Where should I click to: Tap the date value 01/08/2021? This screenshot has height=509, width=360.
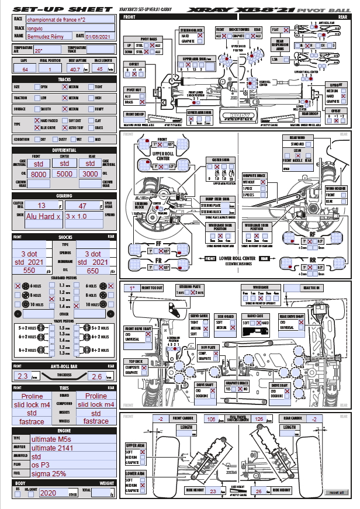(101, 36)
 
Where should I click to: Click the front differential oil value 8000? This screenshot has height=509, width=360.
(39, 174)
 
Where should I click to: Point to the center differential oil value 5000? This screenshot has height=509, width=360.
(65, 174)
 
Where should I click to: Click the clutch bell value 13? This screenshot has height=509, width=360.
(41, 206)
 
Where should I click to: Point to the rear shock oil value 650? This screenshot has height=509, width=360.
(93, 271)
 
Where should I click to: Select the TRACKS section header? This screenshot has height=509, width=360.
(65, 79)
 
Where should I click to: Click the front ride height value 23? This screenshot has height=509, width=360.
(213, 491)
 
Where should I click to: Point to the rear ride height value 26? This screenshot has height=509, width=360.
(260, 491)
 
